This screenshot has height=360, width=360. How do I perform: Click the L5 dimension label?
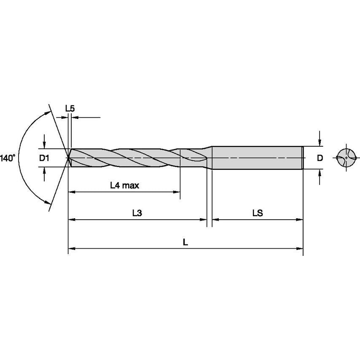click(70, 108)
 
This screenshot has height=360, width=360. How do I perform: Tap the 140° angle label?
click(8, 158)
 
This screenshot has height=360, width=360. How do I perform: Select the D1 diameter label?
click(44, 158)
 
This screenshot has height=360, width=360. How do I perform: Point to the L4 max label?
click(124, 185)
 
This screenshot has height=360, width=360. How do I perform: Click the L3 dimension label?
click(137, 213)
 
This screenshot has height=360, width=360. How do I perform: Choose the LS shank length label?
click(258, 213)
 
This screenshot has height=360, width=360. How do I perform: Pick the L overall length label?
click(185, 242)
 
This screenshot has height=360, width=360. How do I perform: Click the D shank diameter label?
click(320, 158)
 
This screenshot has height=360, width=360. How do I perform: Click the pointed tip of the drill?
click(69, 158)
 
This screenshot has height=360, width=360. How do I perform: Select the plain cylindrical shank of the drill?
click(257, 158)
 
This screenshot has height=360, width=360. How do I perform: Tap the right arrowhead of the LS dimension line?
click(300, 220)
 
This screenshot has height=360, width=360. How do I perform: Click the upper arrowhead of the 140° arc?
click(46, 112)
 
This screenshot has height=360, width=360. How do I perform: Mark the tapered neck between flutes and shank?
click(209, 158)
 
